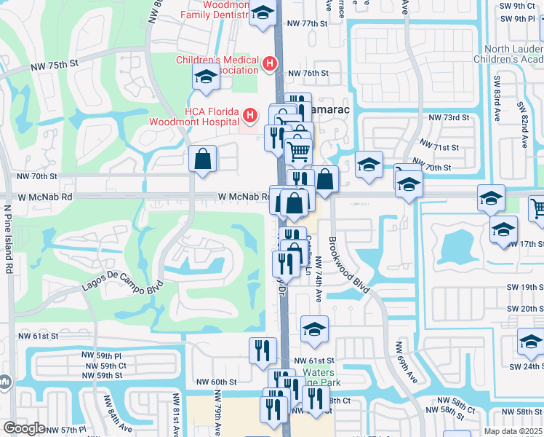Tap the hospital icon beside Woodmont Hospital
click(x=249, y=115)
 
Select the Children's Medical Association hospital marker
click(x=269, y=64)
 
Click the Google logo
click(x=24, y=428)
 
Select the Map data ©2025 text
click(x=513, y=431)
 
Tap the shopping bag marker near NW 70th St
click(x=203, y=159)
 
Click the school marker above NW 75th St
click(x=206, y=76)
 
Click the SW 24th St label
click(x=527, y=357)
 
